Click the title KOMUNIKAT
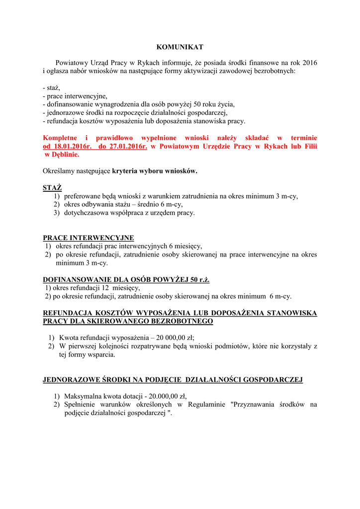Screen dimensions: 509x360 coord(180,47)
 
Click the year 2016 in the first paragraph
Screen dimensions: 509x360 coord(309,63)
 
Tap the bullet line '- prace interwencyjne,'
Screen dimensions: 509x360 coord(75,96)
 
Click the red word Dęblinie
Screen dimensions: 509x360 coord(65,155)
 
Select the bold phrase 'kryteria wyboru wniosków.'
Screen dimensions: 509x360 coord(155,171)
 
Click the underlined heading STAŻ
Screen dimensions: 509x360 coord(52,187)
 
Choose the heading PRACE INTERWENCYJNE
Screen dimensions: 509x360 coord(89,238)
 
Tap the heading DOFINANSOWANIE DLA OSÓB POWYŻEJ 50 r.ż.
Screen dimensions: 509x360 coord(126,280)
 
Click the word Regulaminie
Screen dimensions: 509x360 coord(208,405)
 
